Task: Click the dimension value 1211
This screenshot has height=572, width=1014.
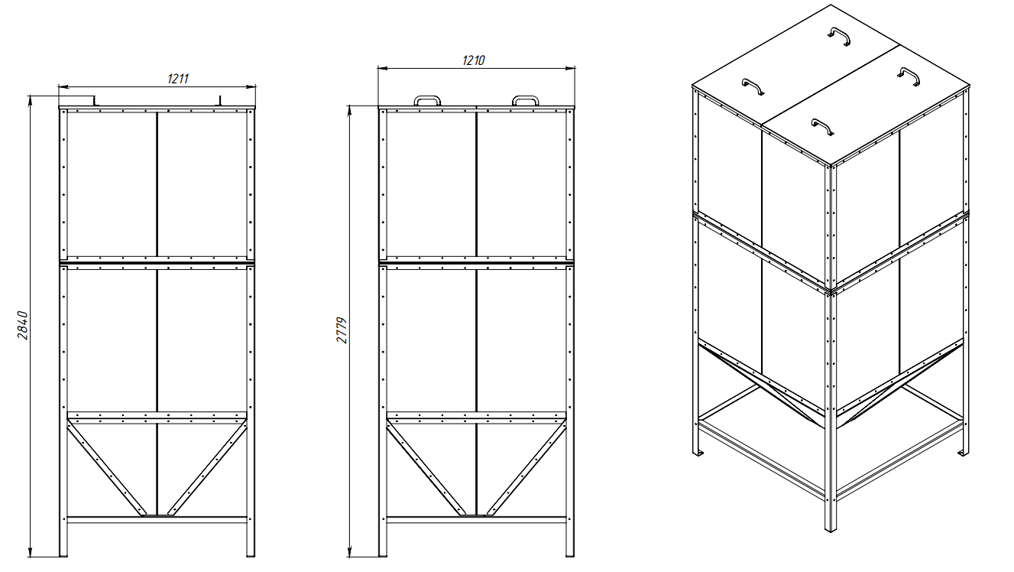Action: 178,79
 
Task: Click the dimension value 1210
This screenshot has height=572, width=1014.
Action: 474,60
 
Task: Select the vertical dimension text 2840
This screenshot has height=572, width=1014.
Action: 23,325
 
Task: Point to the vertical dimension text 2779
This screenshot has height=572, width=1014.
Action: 342,330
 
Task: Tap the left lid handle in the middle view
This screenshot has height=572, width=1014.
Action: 427,97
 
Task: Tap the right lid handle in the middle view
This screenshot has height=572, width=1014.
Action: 525,97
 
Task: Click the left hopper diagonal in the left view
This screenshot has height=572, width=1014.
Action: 107,466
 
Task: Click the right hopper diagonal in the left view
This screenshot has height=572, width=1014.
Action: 208,466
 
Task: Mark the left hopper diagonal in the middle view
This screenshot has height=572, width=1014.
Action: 426,466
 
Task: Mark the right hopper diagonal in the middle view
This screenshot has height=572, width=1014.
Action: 526,466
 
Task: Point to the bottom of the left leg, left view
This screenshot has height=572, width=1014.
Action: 63,555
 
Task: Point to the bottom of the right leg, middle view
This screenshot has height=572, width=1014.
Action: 570,555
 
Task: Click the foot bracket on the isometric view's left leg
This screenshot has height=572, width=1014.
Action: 698,453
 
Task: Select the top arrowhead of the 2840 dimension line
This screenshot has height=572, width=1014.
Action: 31,100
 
